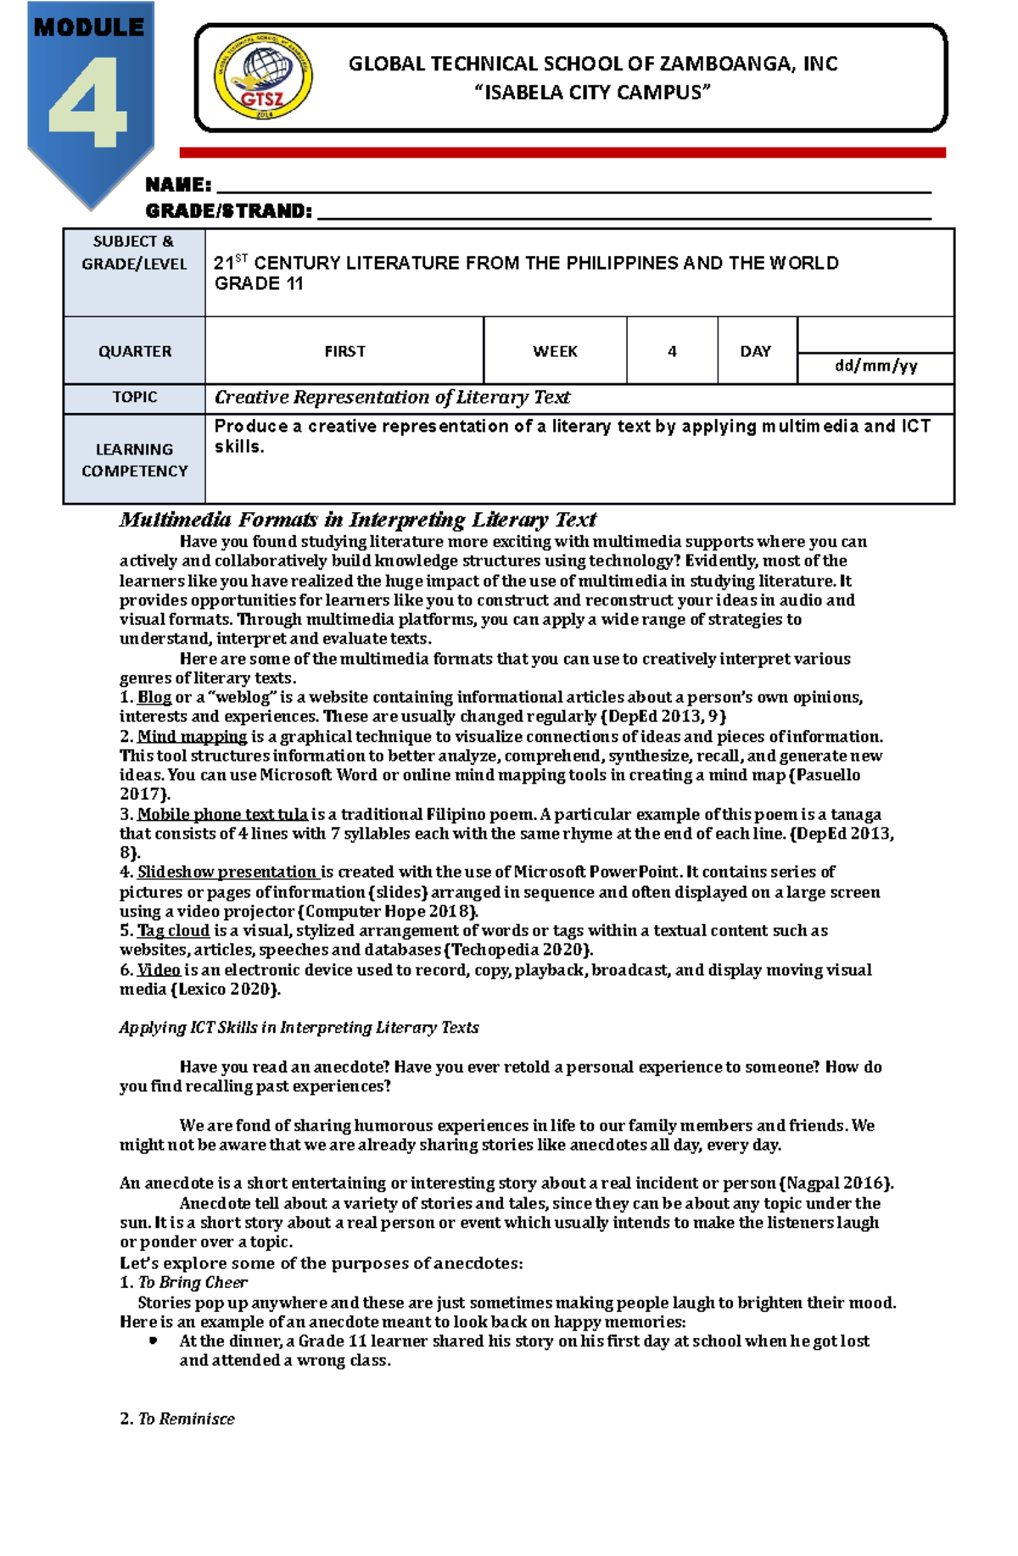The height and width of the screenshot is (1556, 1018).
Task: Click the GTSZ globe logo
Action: [x=263, y=78]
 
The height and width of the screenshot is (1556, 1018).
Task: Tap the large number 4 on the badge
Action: [x=88, y=103]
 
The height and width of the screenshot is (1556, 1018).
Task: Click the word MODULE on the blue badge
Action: [x=88, y=28]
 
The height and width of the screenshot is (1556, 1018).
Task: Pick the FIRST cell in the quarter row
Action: [x=344, y=351]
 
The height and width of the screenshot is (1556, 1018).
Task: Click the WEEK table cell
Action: [x=555, y=351]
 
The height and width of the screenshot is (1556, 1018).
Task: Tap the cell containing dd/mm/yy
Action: [x=875, y=367]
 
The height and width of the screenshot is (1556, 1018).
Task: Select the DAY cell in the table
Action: [x=755, y=351]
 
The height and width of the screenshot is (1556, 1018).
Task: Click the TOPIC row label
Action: [x=135, y=397]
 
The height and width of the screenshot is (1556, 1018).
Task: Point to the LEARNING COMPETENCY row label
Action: [x=135, y=460]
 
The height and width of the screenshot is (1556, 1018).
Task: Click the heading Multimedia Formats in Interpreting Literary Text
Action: [x=357, y=519]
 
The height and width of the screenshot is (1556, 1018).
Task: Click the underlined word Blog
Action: [x=154, y=697]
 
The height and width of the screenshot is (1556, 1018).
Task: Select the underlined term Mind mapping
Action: [x=192, y=736]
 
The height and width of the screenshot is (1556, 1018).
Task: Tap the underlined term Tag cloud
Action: [x=173, y=930]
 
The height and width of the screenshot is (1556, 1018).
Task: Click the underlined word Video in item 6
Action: [x=159, y=969]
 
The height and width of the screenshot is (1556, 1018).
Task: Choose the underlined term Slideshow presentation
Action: [x=227, y=872]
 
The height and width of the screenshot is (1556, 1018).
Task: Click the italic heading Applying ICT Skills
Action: [x=299, y=1027]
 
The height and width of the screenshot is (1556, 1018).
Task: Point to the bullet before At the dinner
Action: [x=153, y=1341]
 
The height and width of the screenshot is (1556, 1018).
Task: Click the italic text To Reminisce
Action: [x=186, y=1419]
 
